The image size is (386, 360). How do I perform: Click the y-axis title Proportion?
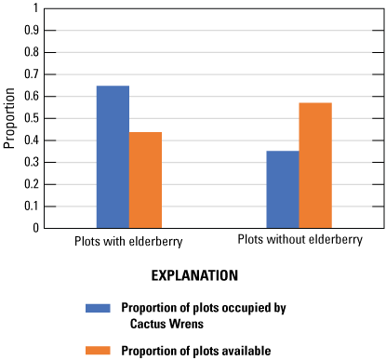pyautogui.click(x=10, y=118)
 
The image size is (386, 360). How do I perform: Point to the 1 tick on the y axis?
pyautogui.click(x=36, y=8)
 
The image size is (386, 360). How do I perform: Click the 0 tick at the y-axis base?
pyautogui.click(x=36, y=228)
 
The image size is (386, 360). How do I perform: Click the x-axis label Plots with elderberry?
pyautogui.click(x=128, y=241)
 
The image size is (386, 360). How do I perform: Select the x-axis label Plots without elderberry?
pyautogui.click(x=299, y=240)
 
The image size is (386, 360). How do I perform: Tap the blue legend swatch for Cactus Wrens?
pyautogui.click(x=98, y=307)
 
